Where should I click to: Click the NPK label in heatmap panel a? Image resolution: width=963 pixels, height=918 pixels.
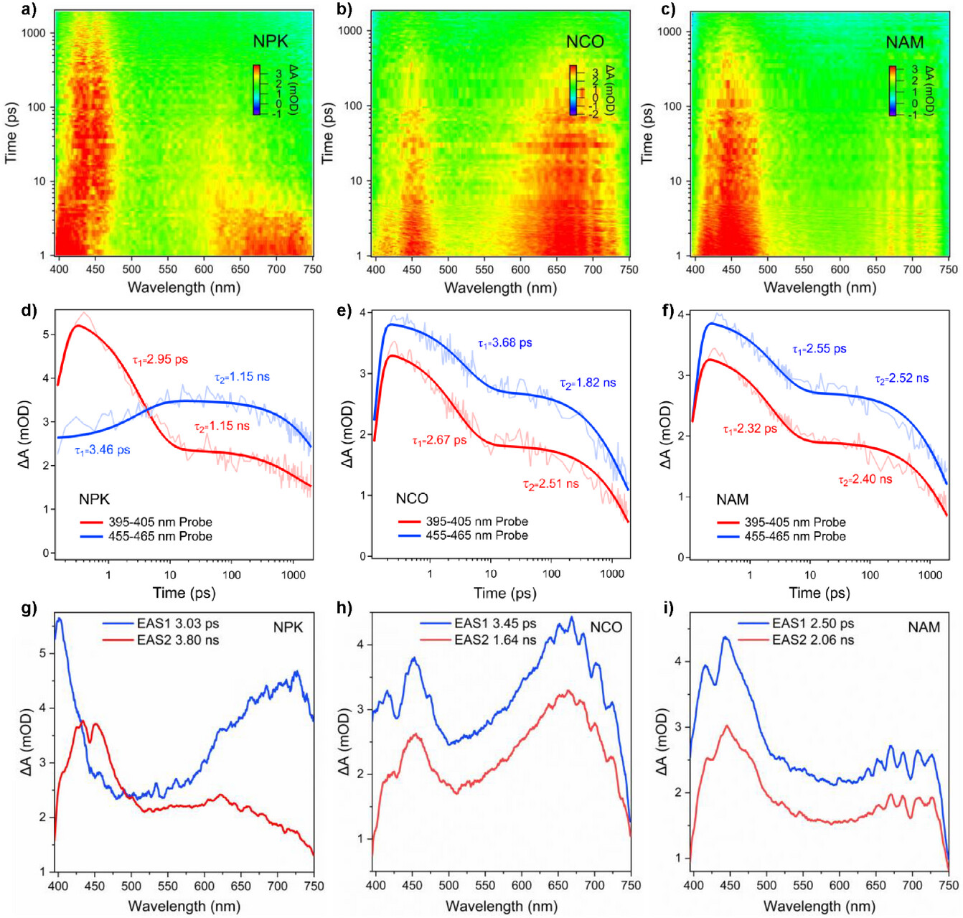click(271, 42)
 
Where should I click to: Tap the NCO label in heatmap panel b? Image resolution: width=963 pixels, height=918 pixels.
click(585, 42)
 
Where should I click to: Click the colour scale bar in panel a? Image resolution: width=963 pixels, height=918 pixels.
click(256, 90)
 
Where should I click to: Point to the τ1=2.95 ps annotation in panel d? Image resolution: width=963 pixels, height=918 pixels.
click(159, 360)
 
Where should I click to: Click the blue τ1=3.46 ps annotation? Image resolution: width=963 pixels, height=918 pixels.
click(102, 450)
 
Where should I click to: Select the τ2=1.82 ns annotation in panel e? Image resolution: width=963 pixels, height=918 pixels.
click(588, 383)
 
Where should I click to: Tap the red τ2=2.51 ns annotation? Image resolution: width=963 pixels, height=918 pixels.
click(550, 484)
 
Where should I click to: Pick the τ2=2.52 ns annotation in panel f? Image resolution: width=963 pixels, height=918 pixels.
click(901, 378)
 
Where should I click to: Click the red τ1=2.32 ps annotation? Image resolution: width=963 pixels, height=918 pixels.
click(750, 428)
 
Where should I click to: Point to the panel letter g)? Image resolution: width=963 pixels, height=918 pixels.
click(29, 609)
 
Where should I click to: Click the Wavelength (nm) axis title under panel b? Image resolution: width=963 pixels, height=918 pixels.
click(500, 288)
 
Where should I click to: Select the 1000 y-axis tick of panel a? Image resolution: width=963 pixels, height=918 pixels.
click(33, 33)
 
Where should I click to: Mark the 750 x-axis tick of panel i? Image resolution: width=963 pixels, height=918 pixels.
click(949, 885)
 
